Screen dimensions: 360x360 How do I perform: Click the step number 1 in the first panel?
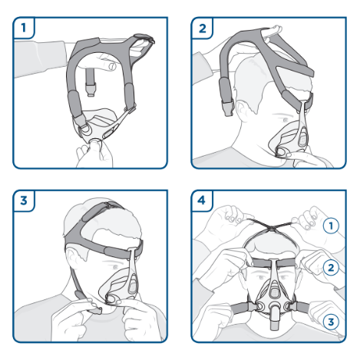pyautogui.click(x=24, y=28)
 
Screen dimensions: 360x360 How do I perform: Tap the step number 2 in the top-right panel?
pyautogui.click(x=203, y=28)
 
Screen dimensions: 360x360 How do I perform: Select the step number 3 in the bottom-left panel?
pyautogui.click(x=24, y=200)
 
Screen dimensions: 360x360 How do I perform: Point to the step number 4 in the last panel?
pyautogui.click(x=202, y=200)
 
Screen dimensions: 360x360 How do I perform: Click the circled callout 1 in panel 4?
pyautogui.click(x=331, y=226)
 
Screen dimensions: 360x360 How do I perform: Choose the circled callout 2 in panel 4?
pyautogui.click(x=331, y=268)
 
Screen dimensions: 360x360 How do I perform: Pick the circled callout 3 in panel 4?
pyautogui.click(x=331, y=322)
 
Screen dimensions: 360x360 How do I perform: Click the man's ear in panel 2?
pyautogui.click(x=241, y=111)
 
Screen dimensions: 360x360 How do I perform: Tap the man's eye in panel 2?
pyautogui.click(x=285, y=120)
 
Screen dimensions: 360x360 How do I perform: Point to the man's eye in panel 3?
pyautogui.click(x=115, y=267)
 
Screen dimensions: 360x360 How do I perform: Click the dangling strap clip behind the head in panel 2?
pyautogui.click(x=227, y=109)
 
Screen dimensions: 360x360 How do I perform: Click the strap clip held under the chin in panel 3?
pyautogui.click(x=94, y=310)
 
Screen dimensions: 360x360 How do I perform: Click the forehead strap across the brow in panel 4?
pyautogui.click(x=272, y=263)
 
